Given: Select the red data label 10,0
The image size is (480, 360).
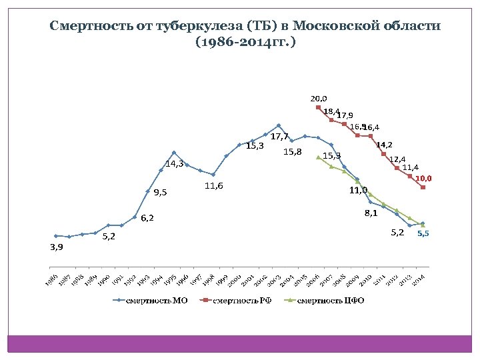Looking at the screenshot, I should pos(424,179).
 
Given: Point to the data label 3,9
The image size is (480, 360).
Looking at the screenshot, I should pos(57,247).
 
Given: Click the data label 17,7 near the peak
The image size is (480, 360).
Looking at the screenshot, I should pos(279,137).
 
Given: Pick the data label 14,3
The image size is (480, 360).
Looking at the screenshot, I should pos(175,163).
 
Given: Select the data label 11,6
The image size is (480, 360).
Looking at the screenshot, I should pos(213,185).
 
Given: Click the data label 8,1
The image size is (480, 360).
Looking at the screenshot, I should pos(371,213).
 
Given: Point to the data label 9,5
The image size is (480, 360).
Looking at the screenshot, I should pos(160,193).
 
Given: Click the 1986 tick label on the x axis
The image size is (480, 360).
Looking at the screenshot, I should pos(52,279).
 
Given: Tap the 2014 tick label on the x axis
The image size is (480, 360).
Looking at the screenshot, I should pos(419,279).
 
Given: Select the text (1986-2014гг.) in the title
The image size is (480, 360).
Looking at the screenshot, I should pos(245,42).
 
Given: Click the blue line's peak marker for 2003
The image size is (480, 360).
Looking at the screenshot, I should pos(279,125).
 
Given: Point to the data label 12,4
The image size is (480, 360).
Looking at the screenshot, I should pos(397,159).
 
